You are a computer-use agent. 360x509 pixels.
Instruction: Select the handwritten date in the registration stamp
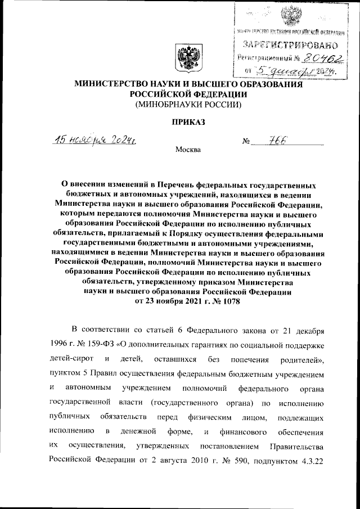298,71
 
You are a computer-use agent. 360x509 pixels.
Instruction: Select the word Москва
187,150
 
